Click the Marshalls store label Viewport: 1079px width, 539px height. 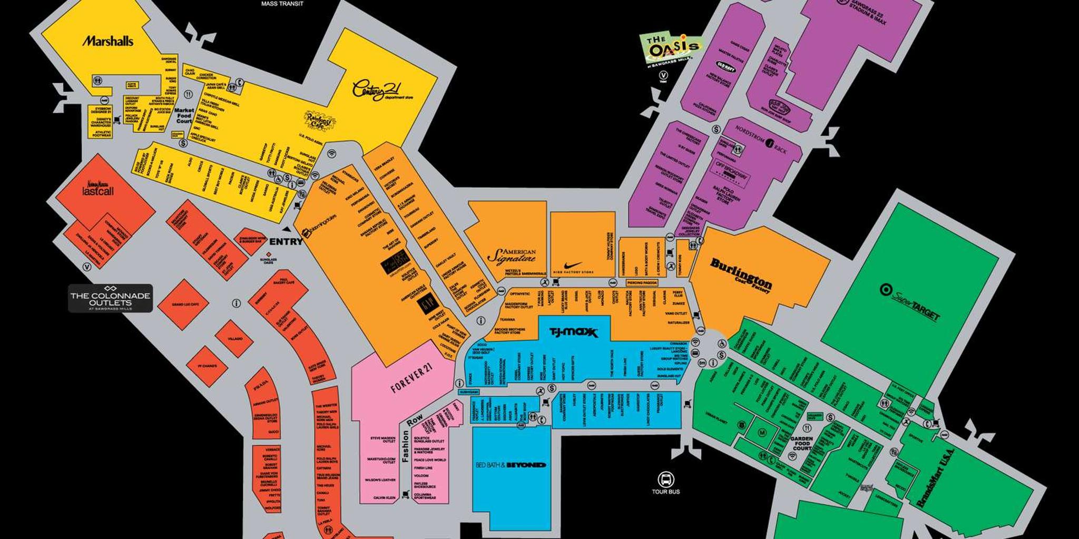[107, 41]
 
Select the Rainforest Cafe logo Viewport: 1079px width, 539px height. [319, 121]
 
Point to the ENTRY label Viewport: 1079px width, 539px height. [286, 242]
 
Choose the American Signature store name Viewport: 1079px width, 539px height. [512, 256]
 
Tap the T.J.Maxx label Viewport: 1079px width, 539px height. [574, 332]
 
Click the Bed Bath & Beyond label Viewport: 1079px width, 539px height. [511, 465]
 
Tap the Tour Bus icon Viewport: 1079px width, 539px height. [666, 479]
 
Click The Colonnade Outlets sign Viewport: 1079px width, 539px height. [110, 299]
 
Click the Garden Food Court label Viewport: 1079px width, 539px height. [801, 443]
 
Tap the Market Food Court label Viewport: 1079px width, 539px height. [184, 115]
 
